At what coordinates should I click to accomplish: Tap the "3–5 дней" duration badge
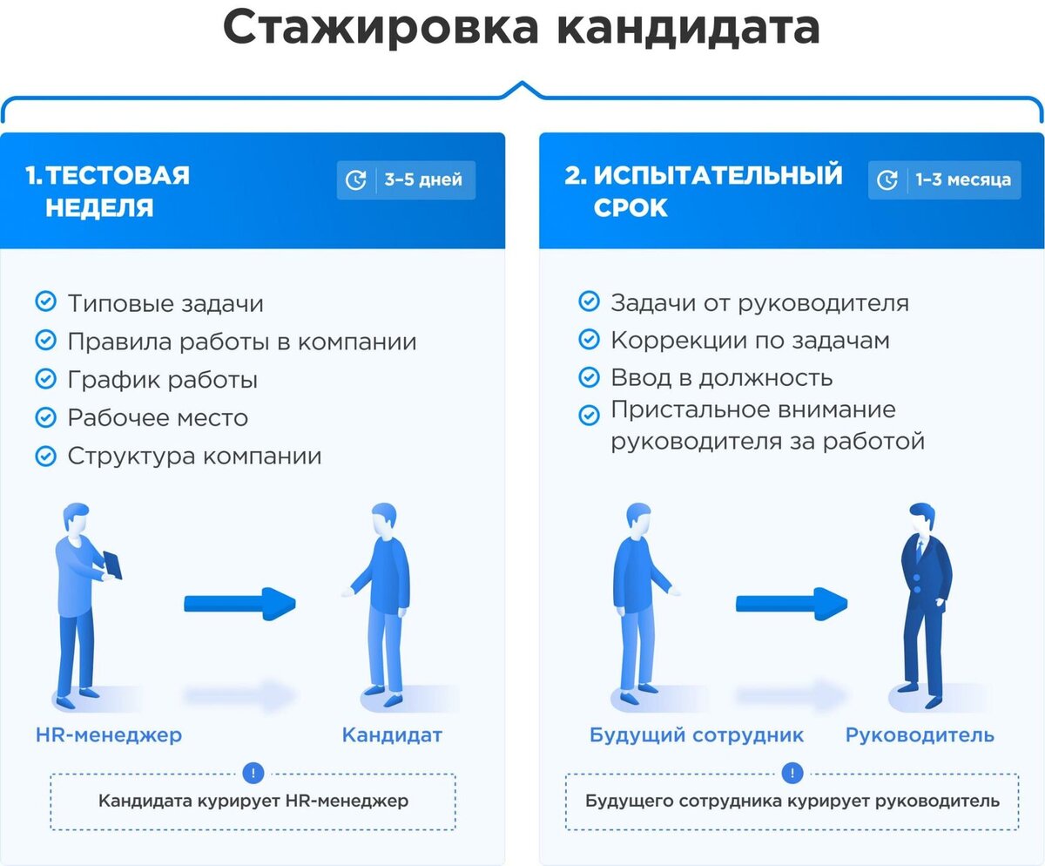pos(407,180)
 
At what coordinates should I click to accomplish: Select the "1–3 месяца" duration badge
pos(945,180)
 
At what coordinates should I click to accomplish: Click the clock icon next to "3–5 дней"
pos(356,180)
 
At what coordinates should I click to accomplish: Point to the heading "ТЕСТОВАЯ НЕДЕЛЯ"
pos(108,191)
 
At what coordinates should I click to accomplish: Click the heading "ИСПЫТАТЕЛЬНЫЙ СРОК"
pos(704,191)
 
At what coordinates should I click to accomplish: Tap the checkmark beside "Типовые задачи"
pos(44,301)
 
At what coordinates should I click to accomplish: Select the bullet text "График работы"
pos(162,380)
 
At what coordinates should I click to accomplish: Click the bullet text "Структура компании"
pos(194,456)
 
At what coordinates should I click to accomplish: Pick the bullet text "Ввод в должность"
pos(721,377)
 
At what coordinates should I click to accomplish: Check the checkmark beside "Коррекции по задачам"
pos(589,340)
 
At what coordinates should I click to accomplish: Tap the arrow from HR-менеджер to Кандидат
pos(240,603)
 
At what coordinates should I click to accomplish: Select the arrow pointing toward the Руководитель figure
pos(792,603)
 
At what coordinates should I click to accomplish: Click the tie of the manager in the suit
pos(918,548)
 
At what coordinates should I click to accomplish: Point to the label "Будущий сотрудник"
pos(696,734)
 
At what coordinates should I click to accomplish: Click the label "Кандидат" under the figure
pos(392,734)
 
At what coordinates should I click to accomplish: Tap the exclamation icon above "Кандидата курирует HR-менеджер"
pos(253,773)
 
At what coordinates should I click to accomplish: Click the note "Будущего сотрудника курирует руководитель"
pos(792,801)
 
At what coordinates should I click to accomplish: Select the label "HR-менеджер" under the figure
pos(109,734)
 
